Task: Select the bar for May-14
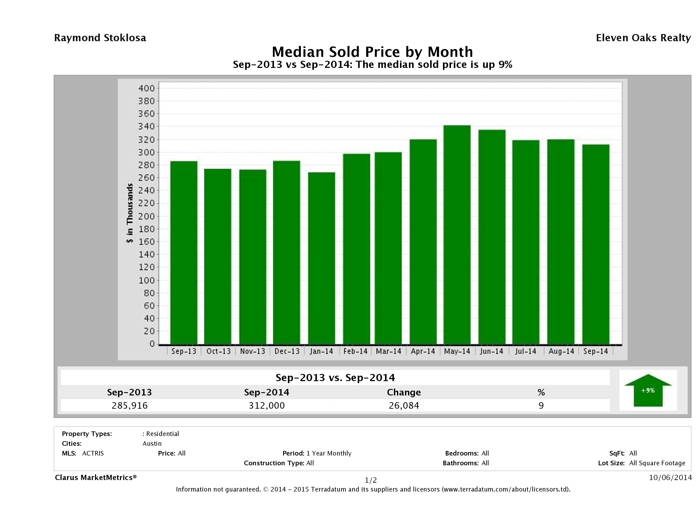point(457,234)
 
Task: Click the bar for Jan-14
point(321,258)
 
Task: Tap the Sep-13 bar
point(184,252)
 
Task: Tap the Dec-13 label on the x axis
point(287,351)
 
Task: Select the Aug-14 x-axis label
point(561,351)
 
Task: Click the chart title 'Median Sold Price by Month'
point(372,52)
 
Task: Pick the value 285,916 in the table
point(130,405)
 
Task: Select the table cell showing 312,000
point(267,405)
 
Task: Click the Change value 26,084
point(404,405)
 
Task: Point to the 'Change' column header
point(404,392)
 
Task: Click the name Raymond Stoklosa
point(100,38)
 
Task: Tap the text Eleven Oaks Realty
point(643,38)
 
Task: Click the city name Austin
point(152,444)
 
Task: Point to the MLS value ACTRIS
point(93,454)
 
